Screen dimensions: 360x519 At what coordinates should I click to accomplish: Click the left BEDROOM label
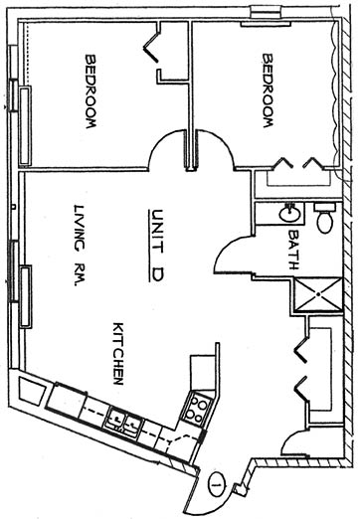[x=90, y=91]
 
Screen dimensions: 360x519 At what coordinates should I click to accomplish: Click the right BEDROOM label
[x=268, y=90]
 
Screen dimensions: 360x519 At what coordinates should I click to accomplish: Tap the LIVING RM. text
[x=79, y=246]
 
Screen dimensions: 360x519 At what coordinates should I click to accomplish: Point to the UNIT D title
[x=156, y=246]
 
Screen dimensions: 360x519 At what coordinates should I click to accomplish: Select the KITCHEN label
[x=118, y=354]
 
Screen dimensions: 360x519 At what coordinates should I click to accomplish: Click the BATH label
[x=293, y=250]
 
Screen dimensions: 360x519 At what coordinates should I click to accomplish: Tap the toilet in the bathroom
[x=325, y=218]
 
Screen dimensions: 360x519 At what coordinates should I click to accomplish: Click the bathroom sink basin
[x=290, y=214]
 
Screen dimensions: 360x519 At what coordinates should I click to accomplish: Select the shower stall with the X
[x=318, y=294]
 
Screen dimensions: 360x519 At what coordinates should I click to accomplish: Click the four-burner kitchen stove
[x=197, y=408]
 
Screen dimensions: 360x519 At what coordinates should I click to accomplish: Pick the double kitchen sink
[x=123, y=424]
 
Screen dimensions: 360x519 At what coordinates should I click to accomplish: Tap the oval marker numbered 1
[x=217, y=484]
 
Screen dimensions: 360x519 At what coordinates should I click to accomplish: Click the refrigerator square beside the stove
[x=203, y=372]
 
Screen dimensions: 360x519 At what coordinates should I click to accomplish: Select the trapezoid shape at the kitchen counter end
[x=31, y=391]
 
